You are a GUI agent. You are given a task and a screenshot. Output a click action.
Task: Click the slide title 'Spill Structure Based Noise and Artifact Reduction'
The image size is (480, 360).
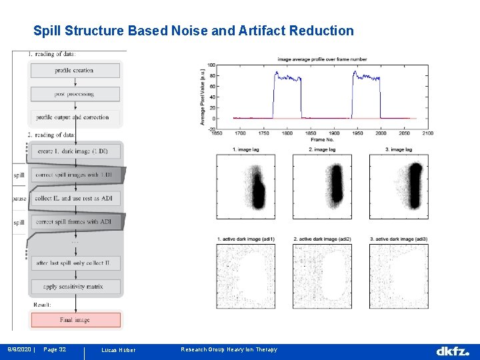pyautogui.click(x=193, y=31)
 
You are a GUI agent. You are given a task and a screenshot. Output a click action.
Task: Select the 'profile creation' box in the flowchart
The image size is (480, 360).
pyautogui.click(x=75, y=70)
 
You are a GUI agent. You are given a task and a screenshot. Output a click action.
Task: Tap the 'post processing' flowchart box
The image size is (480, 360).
pyautogui.click(x=75, y=94)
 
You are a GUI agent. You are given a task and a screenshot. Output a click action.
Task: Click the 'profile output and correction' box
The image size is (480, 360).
pyautogui.click(x=75, y=117)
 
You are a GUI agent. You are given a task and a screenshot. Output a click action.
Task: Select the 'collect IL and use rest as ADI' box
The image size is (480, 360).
pyautogui.click(x=75, y=198)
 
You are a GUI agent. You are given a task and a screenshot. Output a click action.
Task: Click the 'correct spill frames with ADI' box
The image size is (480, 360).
pyautogui.click(x=75, y=221)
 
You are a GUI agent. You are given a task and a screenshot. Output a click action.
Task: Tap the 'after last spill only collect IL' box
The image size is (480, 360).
pyautogui.click(x=75, y=263)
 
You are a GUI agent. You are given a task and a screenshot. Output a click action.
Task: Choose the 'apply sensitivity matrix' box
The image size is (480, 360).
pyautogui.click(x=75, y=287)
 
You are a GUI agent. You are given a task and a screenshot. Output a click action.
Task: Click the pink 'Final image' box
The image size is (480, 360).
pyautogui.click(x=75, y=320)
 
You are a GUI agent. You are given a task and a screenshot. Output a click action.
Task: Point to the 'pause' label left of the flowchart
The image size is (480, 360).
pyautogui.click(x=19, y=199)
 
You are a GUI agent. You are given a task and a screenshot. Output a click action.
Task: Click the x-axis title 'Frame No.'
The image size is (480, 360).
pyautogui.click(x=322, y=140)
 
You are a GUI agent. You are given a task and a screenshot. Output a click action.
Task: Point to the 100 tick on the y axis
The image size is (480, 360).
pyautogui.click(x=211, y=65)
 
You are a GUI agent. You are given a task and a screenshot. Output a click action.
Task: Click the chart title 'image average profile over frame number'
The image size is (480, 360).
pyautogui.click(x=323, y=59)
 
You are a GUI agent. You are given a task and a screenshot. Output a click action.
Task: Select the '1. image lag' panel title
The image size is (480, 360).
pyautogui.click(x=245, y=149)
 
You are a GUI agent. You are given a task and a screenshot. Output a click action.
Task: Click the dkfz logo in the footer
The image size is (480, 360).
pyautogui.click(x=453, y=351)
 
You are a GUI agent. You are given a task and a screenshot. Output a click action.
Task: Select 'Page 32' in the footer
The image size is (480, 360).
pyautogui.click(x=54, y=350)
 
